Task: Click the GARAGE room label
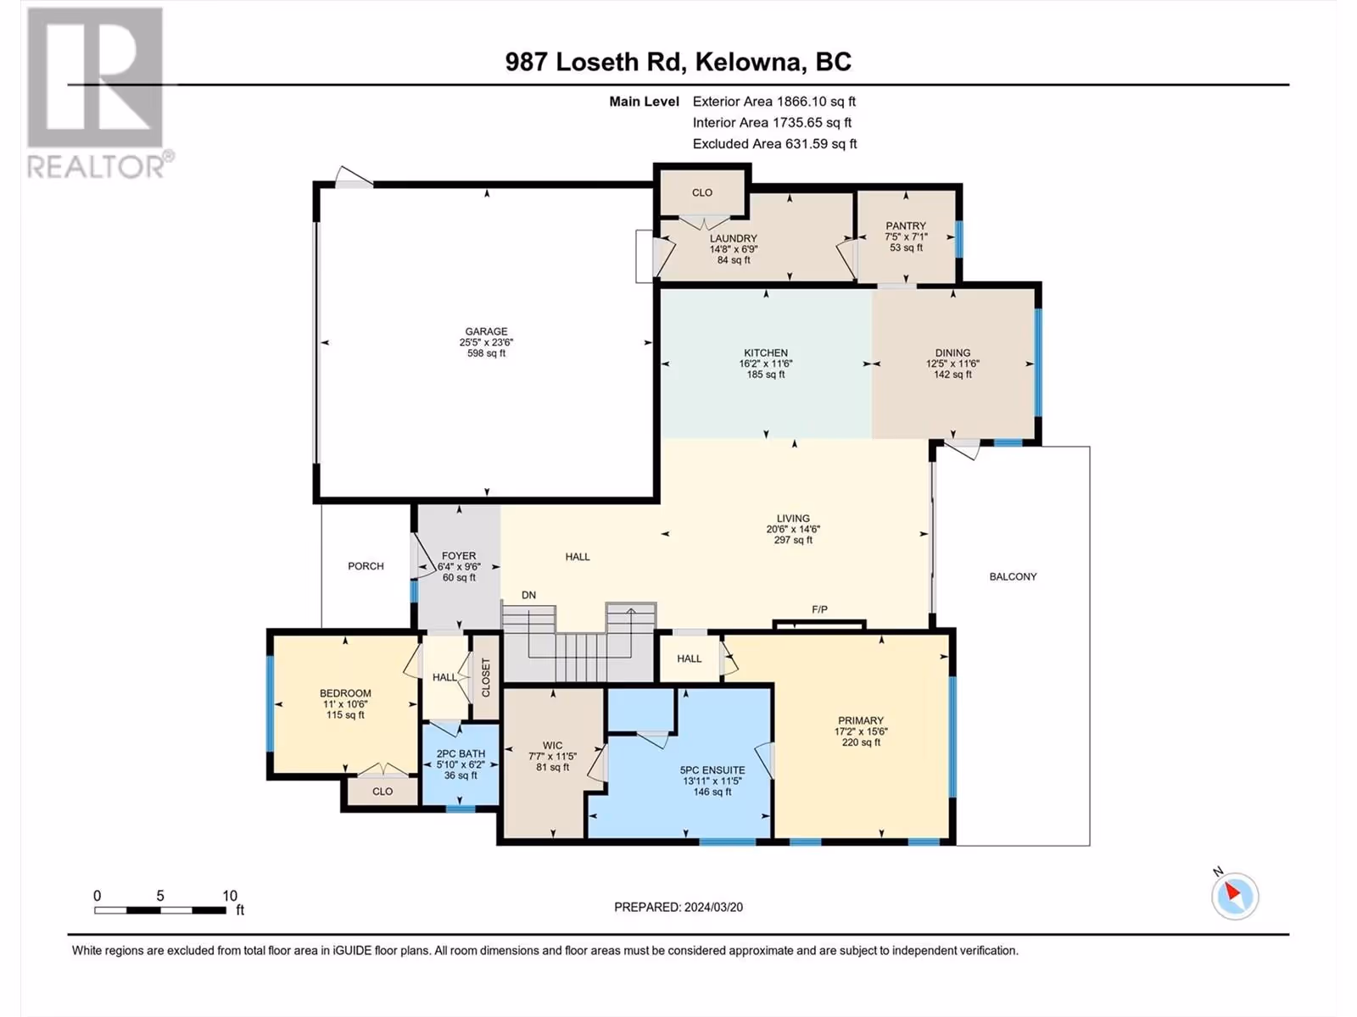click(x=487, y=331)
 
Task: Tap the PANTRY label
click(x=906, y=226)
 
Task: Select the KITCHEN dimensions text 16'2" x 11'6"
click(x=766, y=364)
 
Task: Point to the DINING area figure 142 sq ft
click(x=952, y=375)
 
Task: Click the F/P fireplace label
click(x=820, y=609)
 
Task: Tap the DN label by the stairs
click(x=528, y=595)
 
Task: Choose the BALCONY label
click(x=1013, y=577)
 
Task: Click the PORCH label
click(x=366, y=566)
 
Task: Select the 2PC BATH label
click(x=461, y=754)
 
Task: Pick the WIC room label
click(x=553, y=746)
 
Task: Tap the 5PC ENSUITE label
click(x=712, y=770)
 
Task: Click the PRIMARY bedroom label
click(x=861, y=720)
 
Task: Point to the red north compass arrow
click(x=1232, y=892)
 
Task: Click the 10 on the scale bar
click(x=229, y=896)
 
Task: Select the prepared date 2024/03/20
click(x=712, y=907)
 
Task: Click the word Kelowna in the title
click(x=749, y=62)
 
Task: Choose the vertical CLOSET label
click(x=486, y=677)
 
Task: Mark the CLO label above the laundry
click(x=701, y=192)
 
